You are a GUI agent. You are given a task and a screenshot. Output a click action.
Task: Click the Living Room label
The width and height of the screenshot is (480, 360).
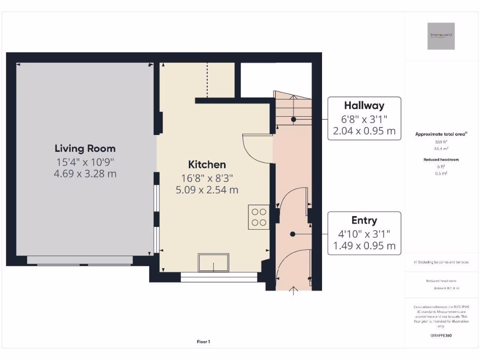click(85, 149)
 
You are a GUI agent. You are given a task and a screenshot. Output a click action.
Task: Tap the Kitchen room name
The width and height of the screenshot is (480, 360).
click(207, 165)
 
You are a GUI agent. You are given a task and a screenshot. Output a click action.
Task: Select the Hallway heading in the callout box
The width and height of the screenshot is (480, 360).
click(364, 105)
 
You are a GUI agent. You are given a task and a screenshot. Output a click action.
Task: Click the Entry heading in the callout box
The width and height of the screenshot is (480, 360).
click(364, 220)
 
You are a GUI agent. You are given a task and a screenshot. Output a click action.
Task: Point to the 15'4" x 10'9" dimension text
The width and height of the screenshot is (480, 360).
click(85, 162)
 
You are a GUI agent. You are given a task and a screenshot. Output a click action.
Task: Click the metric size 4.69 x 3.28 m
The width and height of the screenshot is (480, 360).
click(85, 173)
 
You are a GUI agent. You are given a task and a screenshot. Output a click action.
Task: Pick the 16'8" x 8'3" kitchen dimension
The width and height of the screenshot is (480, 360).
click(207, 178)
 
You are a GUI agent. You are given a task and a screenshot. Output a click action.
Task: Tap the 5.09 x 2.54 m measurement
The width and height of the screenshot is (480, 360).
click(207, 190)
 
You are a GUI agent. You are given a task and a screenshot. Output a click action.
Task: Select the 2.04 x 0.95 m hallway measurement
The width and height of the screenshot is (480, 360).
click(364, 131)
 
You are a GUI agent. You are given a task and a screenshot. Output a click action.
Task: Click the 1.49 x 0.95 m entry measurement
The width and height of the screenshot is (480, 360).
click(364, 246)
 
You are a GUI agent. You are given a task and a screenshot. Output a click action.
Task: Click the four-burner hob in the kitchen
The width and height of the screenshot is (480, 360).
click(259, 217)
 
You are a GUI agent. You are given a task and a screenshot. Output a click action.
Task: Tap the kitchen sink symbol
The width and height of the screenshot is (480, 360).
click(213, 262)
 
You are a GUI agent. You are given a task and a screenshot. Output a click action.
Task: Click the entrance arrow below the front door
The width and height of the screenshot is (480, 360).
click(293, 291)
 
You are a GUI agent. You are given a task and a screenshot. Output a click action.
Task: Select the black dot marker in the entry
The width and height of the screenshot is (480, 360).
click(292, 233)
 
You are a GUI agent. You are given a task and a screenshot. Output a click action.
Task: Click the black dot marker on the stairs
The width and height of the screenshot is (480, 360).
click(293, 119)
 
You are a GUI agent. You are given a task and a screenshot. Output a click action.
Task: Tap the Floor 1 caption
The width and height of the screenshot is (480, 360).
click(203, 342)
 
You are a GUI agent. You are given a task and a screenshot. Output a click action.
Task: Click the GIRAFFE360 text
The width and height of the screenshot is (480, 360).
click(441, 336)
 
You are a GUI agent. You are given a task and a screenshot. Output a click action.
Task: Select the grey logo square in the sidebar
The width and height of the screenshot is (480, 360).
click(441, 36)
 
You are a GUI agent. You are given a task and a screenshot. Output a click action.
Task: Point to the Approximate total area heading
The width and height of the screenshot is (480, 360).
click(440, 134)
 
